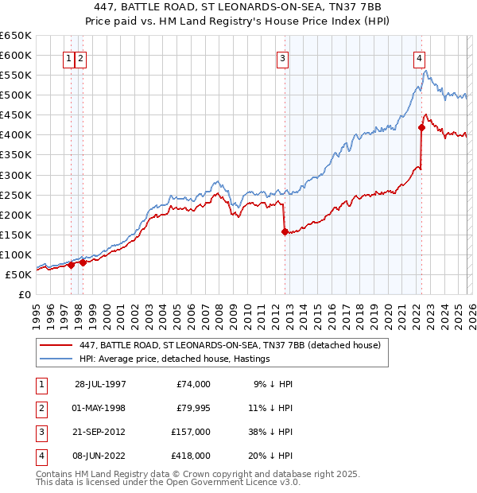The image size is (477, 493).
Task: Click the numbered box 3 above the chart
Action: coord(283,57)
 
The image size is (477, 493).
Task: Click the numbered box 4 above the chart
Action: coord(419,57)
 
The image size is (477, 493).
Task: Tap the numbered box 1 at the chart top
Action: coord(69,57)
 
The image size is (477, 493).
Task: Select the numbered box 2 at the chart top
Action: coord(81,57)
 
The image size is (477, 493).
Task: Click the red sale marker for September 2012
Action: coord(285,231)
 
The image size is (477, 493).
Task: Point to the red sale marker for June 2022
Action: coord(421,127)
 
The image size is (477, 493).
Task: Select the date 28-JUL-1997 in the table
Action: coord(100,383)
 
